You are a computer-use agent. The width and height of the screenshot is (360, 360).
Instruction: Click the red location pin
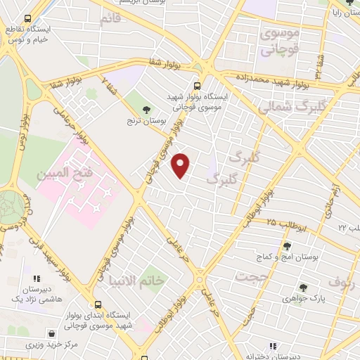181,166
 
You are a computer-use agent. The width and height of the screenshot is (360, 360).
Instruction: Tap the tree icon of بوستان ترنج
146,110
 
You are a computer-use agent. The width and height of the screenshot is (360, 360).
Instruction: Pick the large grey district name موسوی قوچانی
280,41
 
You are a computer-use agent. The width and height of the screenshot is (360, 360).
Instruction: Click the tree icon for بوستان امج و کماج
287,245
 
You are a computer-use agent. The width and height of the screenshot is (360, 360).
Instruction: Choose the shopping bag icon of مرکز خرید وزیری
51,333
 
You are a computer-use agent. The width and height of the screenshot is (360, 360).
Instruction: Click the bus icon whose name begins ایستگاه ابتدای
97,305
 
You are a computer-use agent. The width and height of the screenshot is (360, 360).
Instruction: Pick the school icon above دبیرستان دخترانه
273,345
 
